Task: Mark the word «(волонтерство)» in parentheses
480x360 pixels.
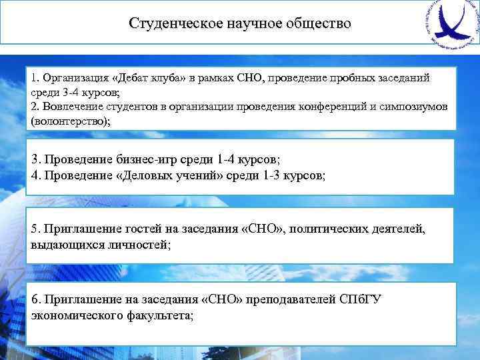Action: pos(70,121)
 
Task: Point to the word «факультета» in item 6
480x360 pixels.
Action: pos(157,315)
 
